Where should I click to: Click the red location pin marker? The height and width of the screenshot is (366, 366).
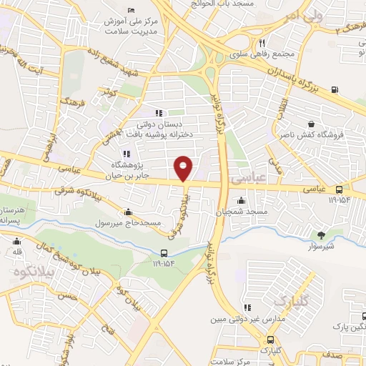[x=184, y=168]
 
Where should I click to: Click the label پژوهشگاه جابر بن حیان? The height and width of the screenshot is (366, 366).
[x=127, y=167]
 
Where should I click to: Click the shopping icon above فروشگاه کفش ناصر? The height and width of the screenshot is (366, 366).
[x=310, y=122]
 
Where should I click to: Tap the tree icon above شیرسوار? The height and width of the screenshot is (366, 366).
[x=321, y=233]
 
